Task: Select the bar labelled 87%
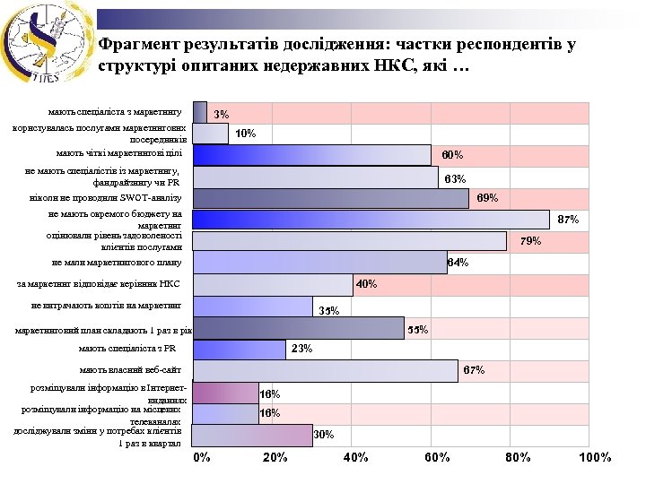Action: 371,220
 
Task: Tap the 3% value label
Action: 222,115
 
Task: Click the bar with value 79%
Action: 349,241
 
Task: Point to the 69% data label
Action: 487,197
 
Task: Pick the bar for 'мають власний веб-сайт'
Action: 325,371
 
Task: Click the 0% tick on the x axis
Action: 202,457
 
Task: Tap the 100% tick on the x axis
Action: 595,457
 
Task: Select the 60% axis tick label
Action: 437,457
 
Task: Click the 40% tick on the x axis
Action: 356,457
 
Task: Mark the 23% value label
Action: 301,349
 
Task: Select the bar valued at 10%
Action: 210,134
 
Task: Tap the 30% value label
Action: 324,435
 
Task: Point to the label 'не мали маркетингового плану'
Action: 117,263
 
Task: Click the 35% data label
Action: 328,311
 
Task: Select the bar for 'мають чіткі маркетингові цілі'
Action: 311,155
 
